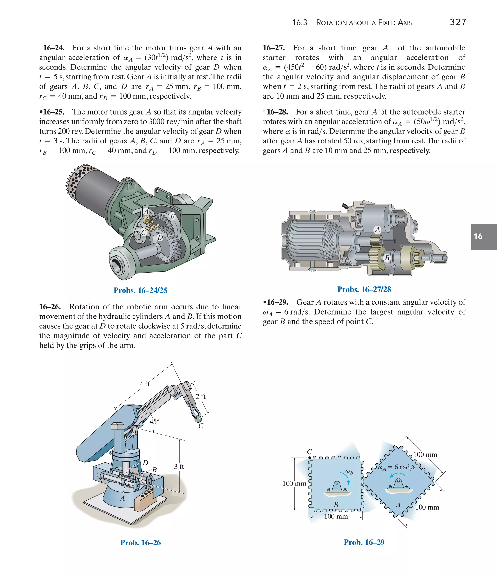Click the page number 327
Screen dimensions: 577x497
point(458,22)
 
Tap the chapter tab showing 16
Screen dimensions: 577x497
point(483,236)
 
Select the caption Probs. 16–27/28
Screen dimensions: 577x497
point(364,289)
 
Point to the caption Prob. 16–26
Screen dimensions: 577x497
point(140,543)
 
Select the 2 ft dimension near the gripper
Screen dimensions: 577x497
point(200,397)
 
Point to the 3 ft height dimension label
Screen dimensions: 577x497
point(179,467)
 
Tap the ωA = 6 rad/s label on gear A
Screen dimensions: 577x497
point(397,467)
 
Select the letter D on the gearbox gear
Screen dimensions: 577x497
point(160,238)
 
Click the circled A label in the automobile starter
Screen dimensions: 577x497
point(377,230)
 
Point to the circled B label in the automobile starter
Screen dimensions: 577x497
point(387,258)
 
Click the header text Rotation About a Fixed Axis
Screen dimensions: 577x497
point(364,23)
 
